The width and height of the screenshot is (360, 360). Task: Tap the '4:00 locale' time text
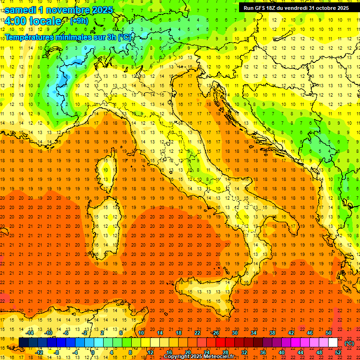[33, 21]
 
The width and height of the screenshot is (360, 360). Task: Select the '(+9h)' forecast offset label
[78, 21]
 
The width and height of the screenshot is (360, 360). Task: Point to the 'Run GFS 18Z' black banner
[295, 8]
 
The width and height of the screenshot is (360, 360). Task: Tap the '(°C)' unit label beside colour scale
[349, 343]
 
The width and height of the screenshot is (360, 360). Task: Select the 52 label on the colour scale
[338, 352]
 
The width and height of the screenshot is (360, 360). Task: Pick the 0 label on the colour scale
[93, 352]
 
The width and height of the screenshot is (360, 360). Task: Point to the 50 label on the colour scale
[329, 333]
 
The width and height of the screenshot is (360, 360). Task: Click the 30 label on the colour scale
[235, 333]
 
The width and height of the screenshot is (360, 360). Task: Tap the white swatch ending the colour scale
[333, 342]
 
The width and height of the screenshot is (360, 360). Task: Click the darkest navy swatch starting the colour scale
[23, 342]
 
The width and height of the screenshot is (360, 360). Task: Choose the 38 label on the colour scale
[272, 333]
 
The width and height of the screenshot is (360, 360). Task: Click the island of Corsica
[109, 169]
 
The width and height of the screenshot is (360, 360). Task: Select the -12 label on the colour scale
[39, 352]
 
